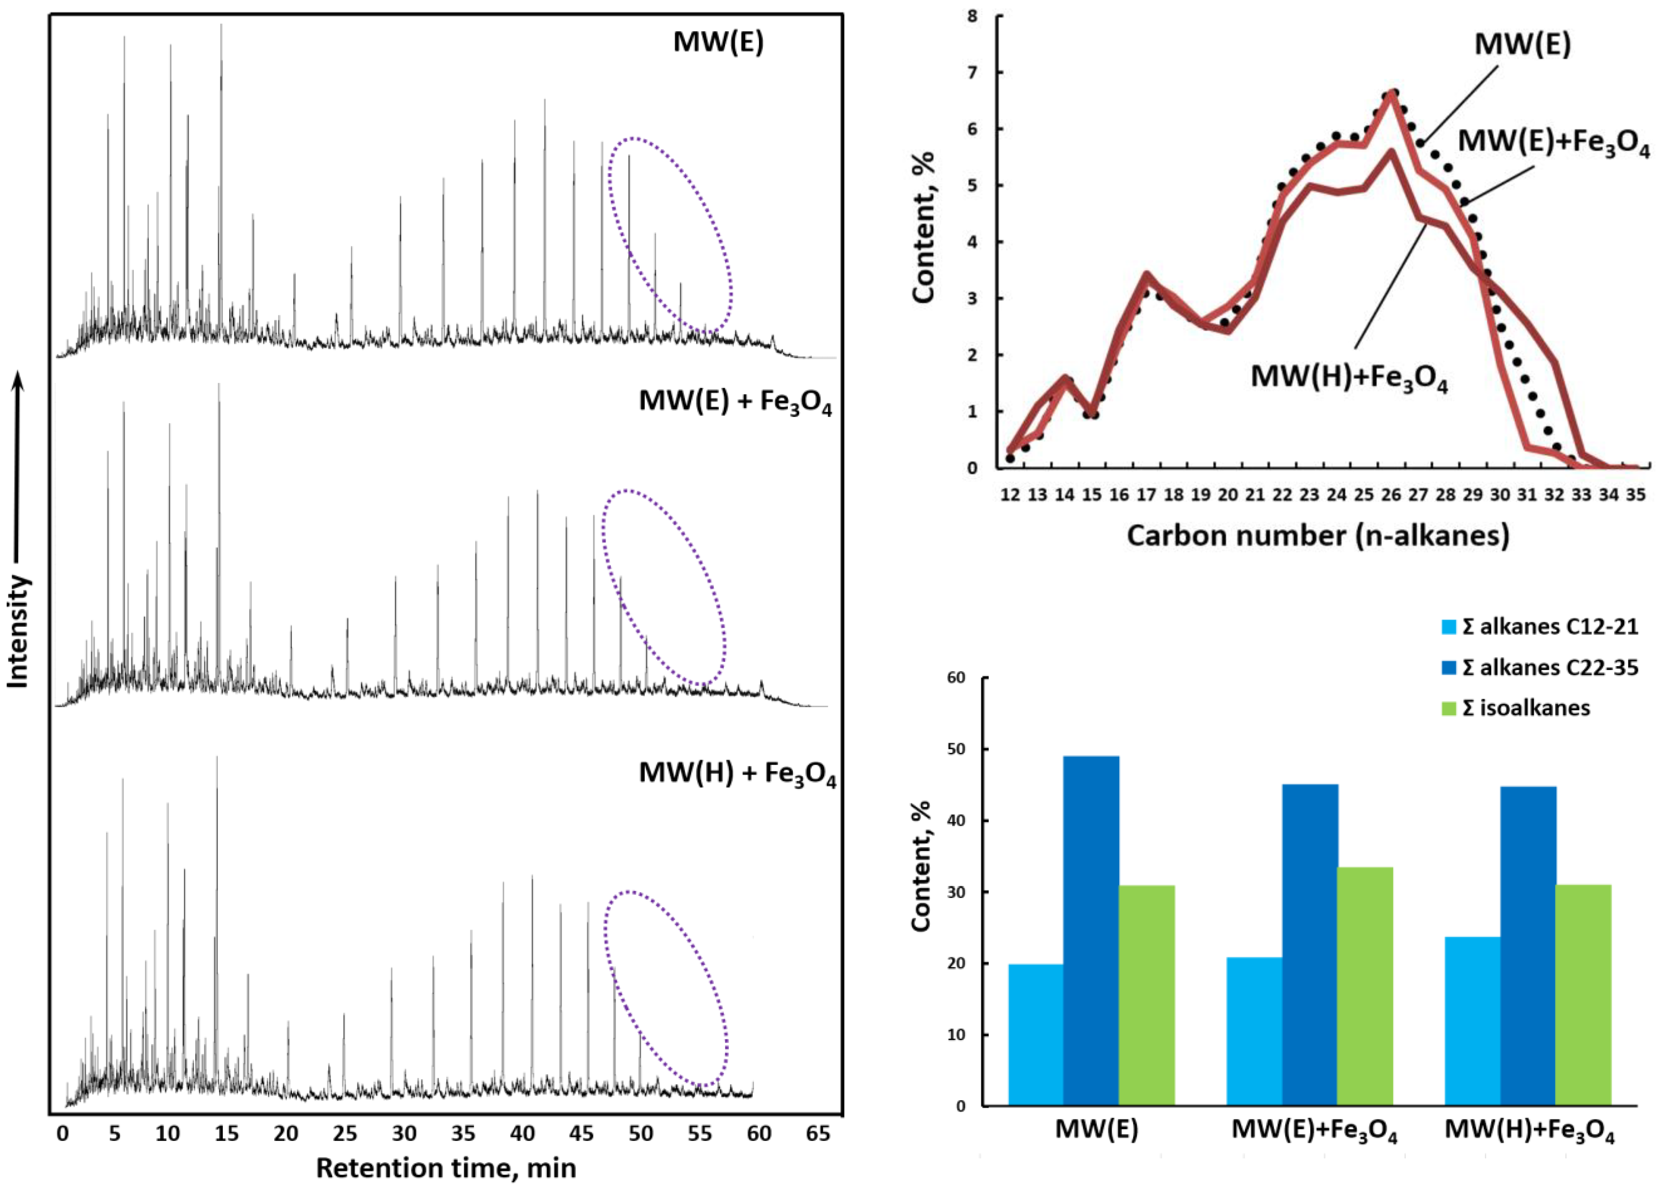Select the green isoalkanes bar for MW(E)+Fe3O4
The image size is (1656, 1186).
click(1365, 986)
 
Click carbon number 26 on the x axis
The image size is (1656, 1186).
click(1391, 495)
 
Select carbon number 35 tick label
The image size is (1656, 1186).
click(1636, 495)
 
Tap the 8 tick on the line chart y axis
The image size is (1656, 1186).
click(972, 16)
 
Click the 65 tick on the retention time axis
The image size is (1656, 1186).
click(818, 1133)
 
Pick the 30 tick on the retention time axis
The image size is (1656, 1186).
click(404, 1133)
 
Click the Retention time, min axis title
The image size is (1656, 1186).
click(446, 1168)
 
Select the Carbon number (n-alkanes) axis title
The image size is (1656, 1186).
click(1317, 535)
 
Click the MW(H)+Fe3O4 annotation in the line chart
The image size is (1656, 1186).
click(1349, 377)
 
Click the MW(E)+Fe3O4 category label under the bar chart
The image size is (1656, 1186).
click(1314, 1130)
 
